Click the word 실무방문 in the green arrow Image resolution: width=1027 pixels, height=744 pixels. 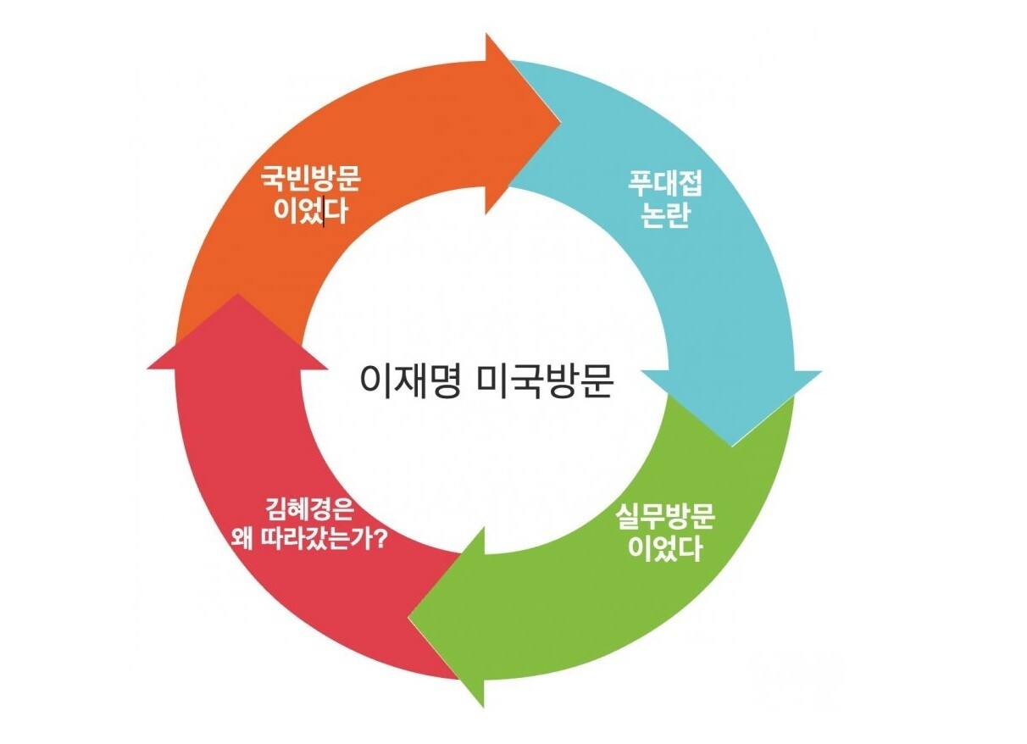665,518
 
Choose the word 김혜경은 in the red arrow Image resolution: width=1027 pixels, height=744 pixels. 308,511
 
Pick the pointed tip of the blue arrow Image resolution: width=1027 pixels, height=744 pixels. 732,446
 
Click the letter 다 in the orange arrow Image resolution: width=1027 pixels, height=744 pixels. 335,212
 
